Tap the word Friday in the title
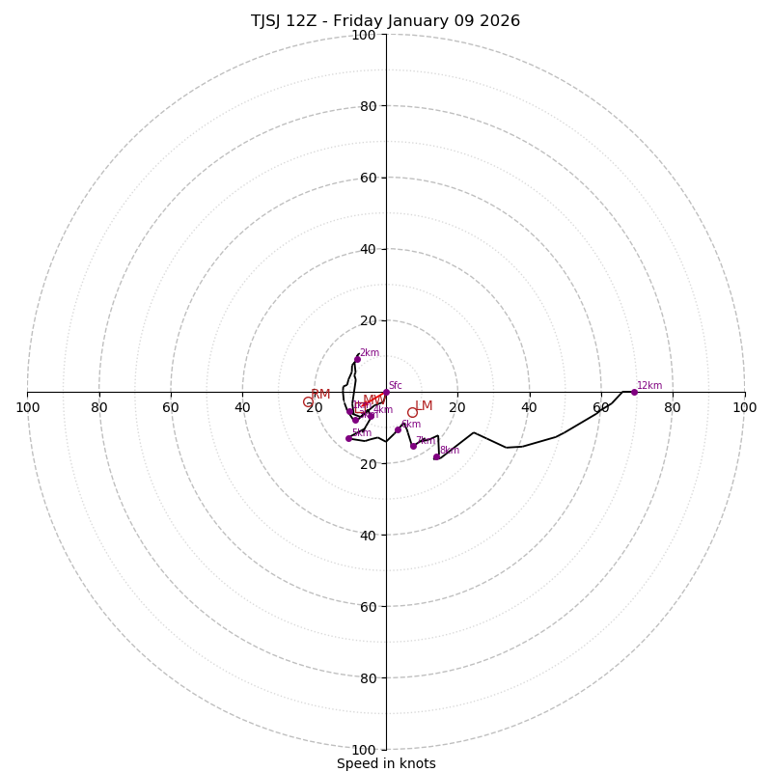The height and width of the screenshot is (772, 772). (x=373, y=21)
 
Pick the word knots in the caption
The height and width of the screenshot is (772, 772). (x=416, y=763)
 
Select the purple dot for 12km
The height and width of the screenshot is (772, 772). (x=634, y=392)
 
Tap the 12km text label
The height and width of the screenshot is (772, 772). (x=649, y=385)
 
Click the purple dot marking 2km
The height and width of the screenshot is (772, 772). (x=357, y=359)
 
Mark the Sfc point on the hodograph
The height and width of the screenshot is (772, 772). (x=386, y=392)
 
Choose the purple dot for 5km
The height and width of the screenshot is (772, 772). (x=348, y=438)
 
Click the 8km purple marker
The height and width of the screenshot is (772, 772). (x=436, y=456)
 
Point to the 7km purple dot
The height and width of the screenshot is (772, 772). (x=413, y=446)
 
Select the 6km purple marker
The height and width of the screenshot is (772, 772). (x=398, y=429)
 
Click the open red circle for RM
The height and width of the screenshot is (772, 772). (x=308, y=402)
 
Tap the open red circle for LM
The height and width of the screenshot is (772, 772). (x=412, y=412)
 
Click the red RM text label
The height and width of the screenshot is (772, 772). (x=321, y=395)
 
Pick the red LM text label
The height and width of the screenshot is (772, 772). (x=425, y=406)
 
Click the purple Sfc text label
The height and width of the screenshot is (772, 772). (x=396, y=385)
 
